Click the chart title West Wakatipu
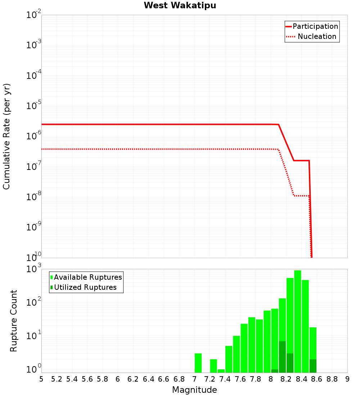[180, 6]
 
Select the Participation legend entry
[315, 27]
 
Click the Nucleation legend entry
[317, 37]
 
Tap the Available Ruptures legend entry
[88, 277]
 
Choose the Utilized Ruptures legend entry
[85, 287]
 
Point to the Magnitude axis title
[194, 390]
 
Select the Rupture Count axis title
[14, 320]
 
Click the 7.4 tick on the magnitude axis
[225, 379]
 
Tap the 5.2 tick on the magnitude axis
[57, 379]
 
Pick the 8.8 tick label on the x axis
[332, 379]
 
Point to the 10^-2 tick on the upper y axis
[34, 15]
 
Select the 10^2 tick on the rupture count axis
[35, 302]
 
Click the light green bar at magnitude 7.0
[198, 363]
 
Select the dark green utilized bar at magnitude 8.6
[313, 366]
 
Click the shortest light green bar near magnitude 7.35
[221, 371]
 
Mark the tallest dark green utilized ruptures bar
[282, 357]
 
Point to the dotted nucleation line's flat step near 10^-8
[301, 196]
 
